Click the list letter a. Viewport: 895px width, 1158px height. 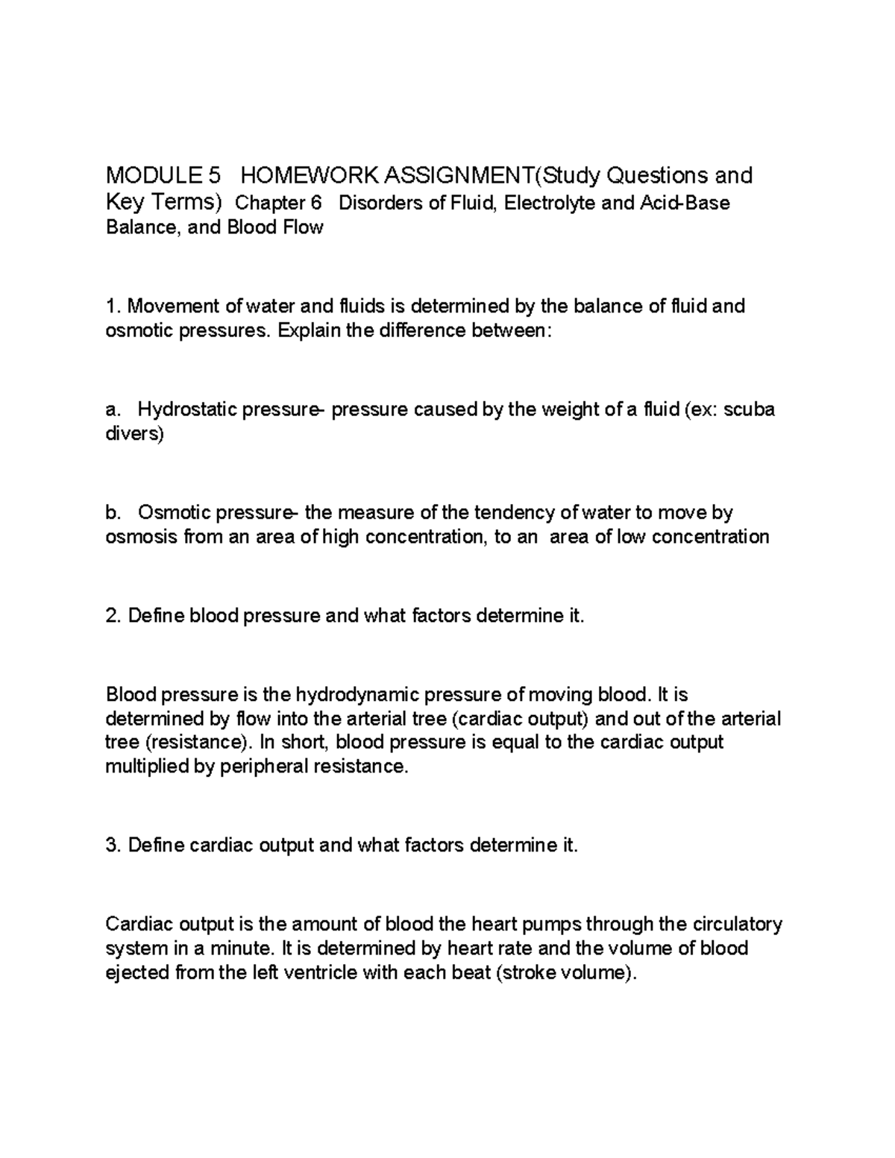coord(112,410)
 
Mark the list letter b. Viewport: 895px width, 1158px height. coord(112,513)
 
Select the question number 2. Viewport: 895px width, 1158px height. coord(112,616)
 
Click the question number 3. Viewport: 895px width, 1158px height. coord(112,846)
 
